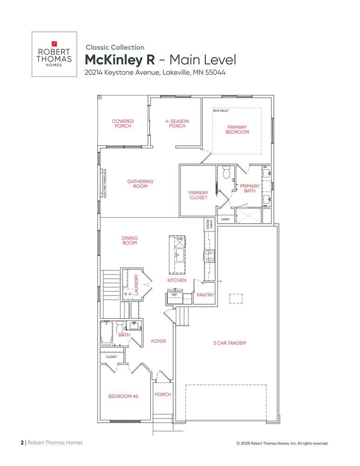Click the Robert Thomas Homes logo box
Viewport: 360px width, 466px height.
pyautogui.click(x=54, y=54)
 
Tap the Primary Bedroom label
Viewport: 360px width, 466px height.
pyautogui.click(x=237, y=130)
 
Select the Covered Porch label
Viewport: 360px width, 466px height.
pyautogui.click(x=122, y=123)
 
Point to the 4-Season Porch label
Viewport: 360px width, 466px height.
pyautogui.click(x=177, y=123)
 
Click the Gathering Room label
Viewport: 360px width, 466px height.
pyautogui.click(x=140, y=184)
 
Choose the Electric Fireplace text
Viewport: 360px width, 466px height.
pyautogui.click(x=105, y=183)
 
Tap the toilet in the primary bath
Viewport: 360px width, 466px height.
pyautogui.click(x=227, y=172)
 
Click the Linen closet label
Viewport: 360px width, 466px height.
pyautogui.click(x=225, y=219)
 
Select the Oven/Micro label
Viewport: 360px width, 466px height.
pyautogui.click(x=210, y=225)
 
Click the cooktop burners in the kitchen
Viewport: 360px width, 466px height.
pyautogui.click(x=209, y=256)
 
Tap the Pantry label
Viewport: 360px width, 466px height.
pyautogui.click(x=205, y=295)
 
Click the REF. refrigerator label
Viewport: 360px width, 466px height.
pyautogui.click(x=174, y=295)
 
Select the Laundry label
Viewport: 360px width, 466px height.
pyautogui.click(x=136, y=285)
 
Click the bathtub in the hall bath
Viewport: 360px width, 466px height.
pyautogui.click(x=106, y=333)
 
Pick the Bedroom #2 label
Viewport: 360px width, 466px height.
pyautogui.click(x=123, y=396)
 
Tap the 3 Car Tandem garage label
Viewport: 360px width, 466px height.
pyautogui.click(x=229, y=343)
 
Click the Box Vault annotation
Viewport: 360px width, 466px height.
pyautogui.click(x=221, y=110)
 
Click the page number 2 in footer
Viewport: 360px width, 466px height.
pyautogui.click(x=22, y=443)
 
